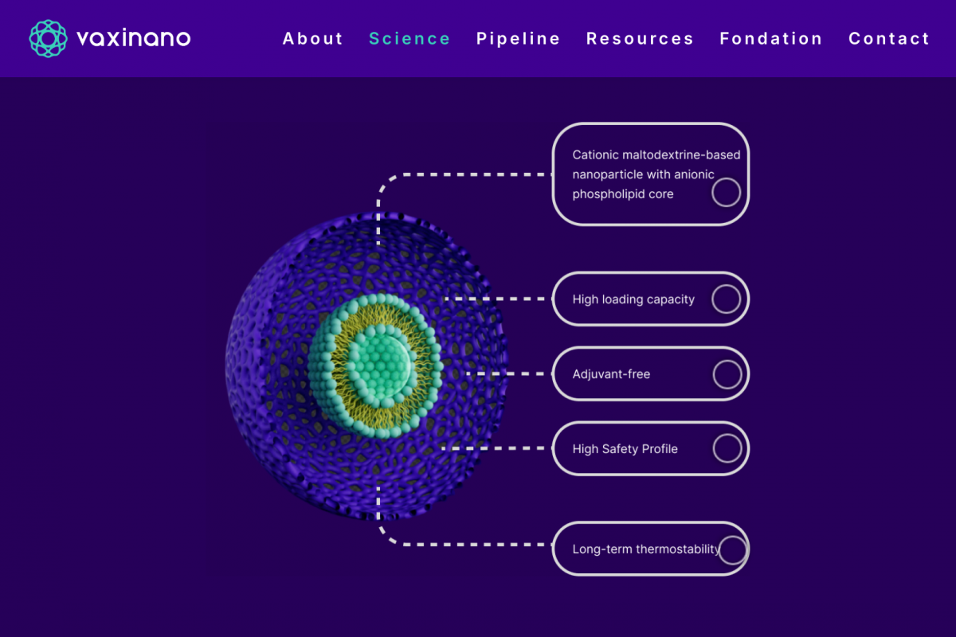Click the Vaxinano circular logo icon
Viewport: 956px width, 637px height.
(x=49, y=38)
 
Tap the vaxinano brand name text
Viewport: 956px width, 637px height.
(x=134, y=38)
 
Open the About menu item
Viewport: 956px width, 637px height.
(x=313, y=39)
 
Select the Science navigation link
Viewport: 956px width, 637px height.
(x=409, y=39)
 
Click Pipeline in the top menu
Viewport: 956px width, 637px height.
(x=518, y=39)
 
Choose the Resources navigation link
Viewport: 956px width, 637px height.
(x=640, y=39)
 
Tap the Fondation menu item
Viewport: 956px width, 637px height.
(x=771, y=39)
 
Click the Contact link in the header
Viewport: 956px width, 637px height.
(x=889, y=39)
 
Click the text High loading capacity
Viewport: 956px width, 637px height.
(x=633, y=299)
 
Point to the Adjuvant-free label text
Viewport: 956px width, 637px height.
(x=611, y=374)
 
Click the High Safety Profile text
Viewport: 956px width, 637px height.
(x=625, y=449)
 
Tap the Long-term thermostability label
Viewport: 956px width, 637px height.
(x=646, y=549)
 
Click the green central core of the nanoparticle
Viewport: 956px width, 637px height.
(x=380, y=367)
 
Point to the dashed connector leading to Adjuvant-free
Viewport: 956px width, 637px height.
(x=506, y=373)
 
